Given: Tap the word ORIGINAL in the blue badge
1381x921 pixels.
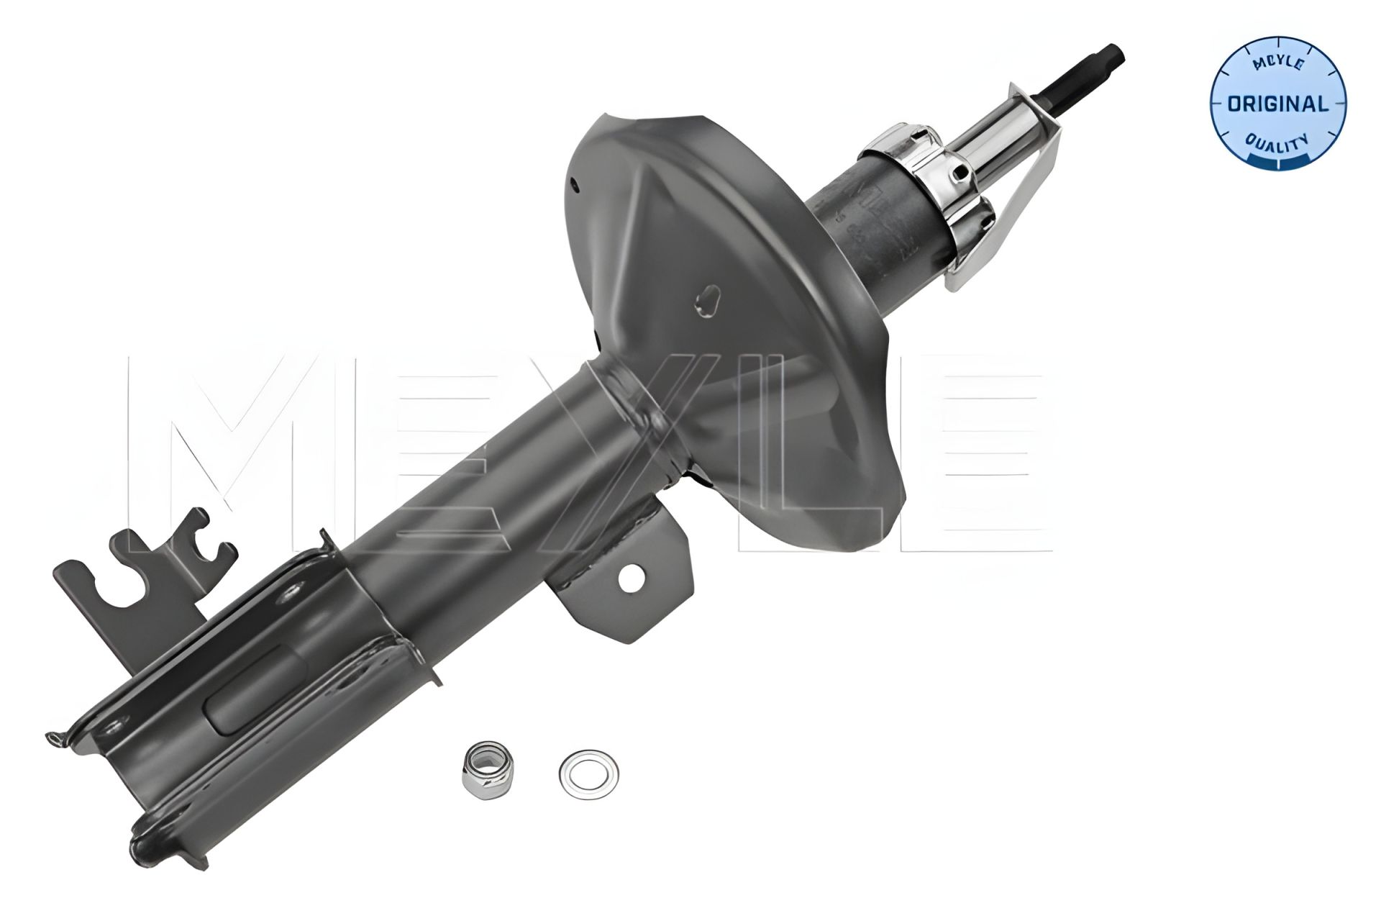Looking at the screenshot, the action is pos(1277,104).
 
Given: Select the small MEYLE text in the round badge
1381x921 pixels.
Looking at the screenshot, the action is pos(1278,64).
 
